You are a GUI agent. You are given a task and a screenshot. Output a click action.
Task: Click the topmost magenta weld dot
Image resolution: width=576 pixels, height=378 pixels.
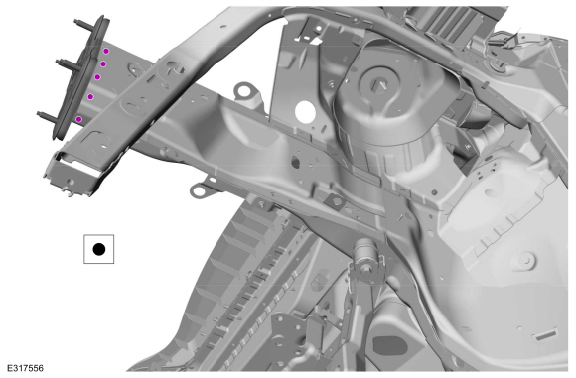point(106,51)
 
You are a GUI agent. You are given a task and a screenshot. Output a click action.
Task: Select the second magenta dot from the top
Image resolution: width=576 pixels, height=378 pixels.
point(103,64)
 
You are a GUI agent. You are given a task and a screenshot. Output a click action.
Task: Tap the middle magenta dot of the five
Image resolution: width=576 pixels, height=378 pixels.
point(97,77)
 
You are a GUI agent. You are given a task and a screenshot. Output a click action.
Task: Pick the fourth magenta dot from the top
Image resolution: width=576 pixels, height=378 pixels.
point(90,96)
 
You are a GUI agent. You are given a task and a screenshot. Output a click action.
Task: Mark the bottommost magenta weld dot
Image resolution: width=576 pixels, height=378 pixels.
point(78,119)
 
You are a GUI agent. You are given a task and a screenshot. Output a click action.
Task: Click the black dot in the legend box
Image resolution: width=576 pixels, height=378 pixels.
point(99,249)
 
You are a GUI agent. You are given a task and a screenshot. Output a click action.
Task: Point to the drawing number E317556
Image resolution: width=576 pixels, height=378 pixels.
point(26,368)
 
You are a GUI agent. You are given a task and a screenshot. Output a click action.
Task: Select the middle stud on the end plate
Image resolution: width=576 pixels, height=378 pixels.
point(67,65)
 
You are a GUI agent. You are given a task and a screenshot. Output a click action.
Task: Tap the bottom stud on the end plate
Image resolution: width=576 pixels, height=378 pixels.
point(48,117)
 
